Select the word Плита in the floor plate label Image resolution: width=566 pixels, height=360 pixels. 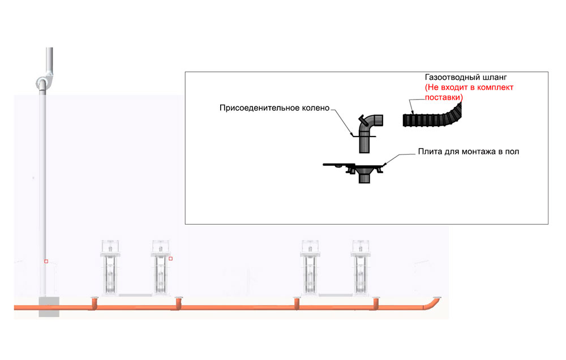point(429,152)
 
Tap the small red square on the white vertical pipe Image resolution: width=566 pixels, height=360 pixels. point(46,262)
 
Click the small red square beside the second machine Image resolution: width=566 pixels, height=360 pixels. point(170,259)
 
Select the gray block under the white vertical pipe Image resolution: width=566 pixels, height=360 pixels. point(49,306)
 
